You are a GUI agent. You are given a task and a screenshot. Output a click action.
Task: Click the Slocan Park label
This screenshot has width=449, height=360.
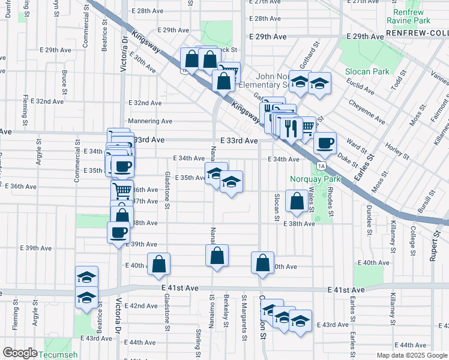click(366, 71)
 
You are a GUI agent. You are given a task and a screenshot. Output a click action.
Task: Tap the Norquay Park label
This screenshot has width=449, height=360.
click(315, 179)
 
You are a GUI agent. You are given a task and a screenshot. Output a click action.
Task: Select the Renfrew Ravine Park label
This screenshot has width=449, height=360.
click(408, 16)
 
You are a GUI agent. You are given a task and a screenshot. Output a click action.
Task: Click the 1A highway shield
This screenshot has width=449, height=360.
click(322, 166)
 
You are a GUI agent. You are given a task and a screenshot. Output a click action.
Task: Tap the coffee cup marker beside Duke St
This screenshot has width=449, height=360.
click(325, 143)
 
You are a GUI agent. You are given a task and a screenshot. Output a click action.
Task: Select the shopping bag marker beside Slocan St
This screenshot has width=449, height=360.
click(297, 201)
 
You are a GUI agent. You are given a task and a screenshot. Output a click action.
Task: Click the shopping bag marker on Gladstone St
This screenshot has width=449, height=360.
click(159, 264)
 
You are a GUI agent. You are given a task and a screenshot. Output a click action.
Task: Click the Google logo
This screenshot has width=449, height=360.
click(20, 353)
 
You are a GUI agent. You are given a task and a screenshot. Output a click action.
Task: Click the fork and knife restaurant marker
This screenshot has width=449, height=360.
click(289, 128)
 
